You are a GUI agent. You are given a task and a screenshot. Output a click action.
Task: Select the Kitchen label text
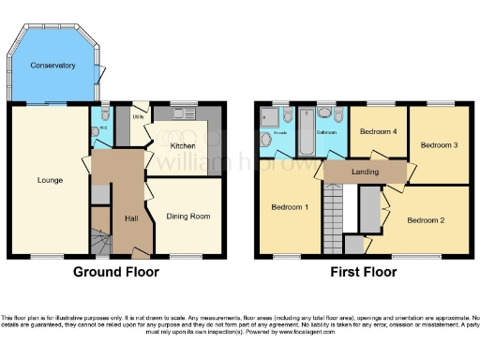[182, 146]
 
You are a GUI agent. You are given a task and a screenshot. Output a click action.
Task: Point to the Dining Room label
[187, 217]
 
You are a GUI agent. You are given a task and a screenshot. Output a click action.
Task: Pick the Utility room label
[138, 117]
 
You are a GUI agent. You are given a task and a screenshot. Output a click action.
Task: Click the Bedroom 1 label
[289, 206]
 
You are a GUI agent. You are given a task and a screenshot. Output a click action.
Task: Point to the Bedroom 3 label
[437, 145]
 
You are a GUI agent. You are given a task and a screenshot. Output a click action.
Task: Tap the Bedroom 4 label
[379, 132]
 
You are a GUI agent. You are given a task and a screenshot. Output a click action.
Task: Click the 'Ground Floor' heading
[116, 273]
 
